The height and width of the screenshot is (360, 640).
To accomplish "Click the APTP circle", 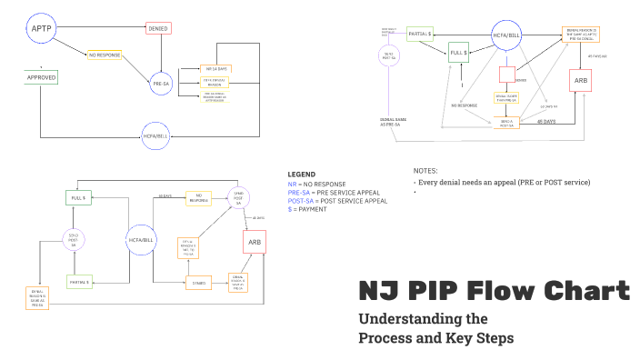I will pos(41,29).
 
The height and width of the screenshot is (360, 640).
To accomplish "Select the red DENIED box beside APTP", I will pos(158,29).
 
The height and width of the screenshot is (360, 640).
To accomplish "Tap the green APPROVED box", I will pos(42,78).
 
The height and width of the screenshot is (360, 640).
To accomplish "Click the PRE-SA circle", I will pos(161,85).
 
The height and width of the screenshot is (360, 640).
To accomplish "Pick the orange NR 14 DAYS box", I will pos(215,69).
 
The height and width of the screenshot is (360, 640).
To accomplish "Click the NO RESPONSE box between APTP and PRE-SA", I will pos(105,55).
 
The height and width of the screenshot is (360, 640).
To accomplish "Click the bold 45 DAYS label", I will pos(546,121).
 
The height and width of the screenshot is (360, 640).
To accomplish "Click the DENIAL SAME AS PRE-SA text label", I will pos(393,122).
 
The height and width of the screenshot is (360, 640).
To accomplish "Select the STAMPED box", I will pos(199,283).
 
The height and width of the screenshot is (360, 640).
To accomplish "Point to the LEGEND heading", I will pos(302,174).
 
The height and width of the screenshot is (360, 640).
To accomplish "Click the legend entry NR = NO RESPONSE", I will pos(317,184).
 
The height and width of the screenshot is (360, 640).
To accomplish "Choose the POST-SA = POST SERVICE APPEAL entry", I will pos(337,201).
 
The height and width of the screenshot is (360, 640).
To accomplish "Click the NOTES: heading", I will pos(425,171).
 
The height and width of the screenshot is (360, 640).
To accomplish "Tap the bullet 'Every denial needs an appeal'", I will pos(502,183).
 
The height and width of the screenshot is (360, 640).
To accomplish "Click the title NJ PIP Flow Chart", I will pos(493,292).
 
